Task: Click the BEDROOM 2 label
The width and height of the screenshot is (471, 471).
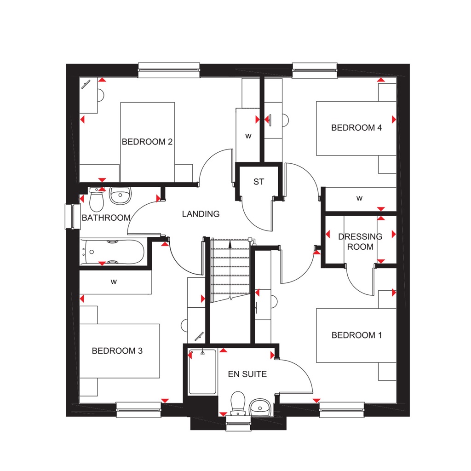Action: coord(147,142)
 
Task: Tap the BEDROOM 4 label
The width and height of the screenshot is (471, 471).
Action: coord(356,128)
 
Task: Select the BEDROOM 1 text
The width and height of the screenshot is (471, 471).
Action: coord(356,335)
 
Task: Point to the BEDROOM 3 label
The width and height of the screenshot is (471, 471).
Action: coord(117,351)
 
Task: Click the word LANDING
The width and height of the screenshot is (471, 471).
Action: coord(201,214)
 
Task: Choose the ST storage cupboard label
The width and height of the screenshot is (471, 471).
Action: coord(259,182)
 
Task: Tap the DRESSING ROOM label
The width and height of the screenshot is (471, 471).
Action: coord(360,241)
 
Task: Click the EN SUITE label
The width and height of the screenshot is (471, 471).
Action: coord(247,374)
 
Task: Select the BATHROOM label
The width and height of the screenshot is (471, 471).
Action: coord(106,218)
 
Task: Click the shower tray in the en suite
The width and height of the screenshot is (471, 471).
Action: coord(202,372)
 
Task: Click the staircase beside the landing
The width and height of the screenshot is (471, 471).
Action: coord(230,269)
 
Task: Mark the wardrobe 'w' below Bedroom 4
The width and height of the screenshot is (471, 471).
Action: coord(359,199)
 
